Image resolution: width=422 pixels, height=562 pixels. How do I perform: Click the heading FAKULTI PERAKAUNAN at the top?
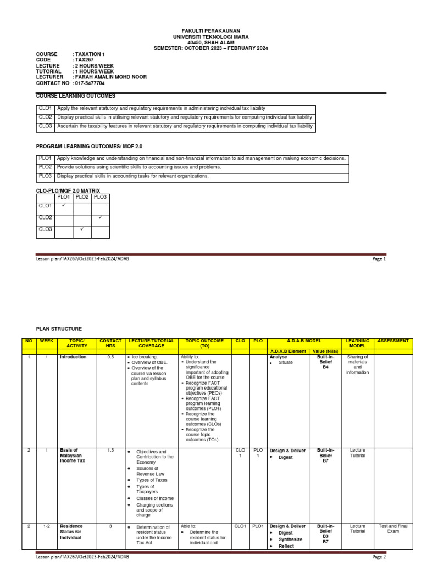click(210, 31)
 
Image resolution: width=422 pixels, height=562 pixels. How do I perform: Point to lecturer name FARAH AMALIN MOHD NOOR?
click(110, 77)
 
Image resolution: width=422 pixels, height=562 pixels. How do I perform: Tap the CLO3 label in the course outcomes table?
click(45, 126)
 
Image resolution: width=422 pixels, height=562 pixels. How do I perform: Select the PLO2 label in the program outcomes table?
click(45, 167)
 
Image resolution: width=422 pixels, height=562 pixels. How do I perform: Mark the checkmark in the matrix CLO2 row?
click(100, 218)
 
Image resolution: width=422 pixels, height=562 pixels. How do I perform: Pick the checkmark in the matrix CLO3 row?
click(82, 229)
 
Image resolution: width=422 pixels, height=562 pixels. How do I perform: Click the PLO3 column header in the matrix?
click(100, 196)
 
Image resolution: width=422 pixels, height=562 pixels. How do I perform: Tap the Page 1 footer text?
click(379, 258)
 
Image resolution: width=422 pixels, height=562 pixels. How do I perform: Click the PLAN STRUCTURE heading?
click(59, 329)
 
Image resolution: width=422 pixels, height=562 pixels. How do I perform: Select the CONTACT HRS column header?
click(110, 344)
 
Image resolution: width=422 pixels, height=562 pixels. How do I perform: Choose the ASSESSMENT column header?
click(393, 341)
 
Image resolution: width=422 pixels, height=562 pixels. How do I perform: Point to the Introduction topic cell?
click(73, 357)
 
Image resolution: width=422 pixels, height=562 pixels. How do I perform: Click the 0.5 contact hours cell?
click(110, 357)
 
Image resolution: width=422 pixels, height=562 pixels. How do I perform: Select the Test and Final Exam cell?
click(393, 529)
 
